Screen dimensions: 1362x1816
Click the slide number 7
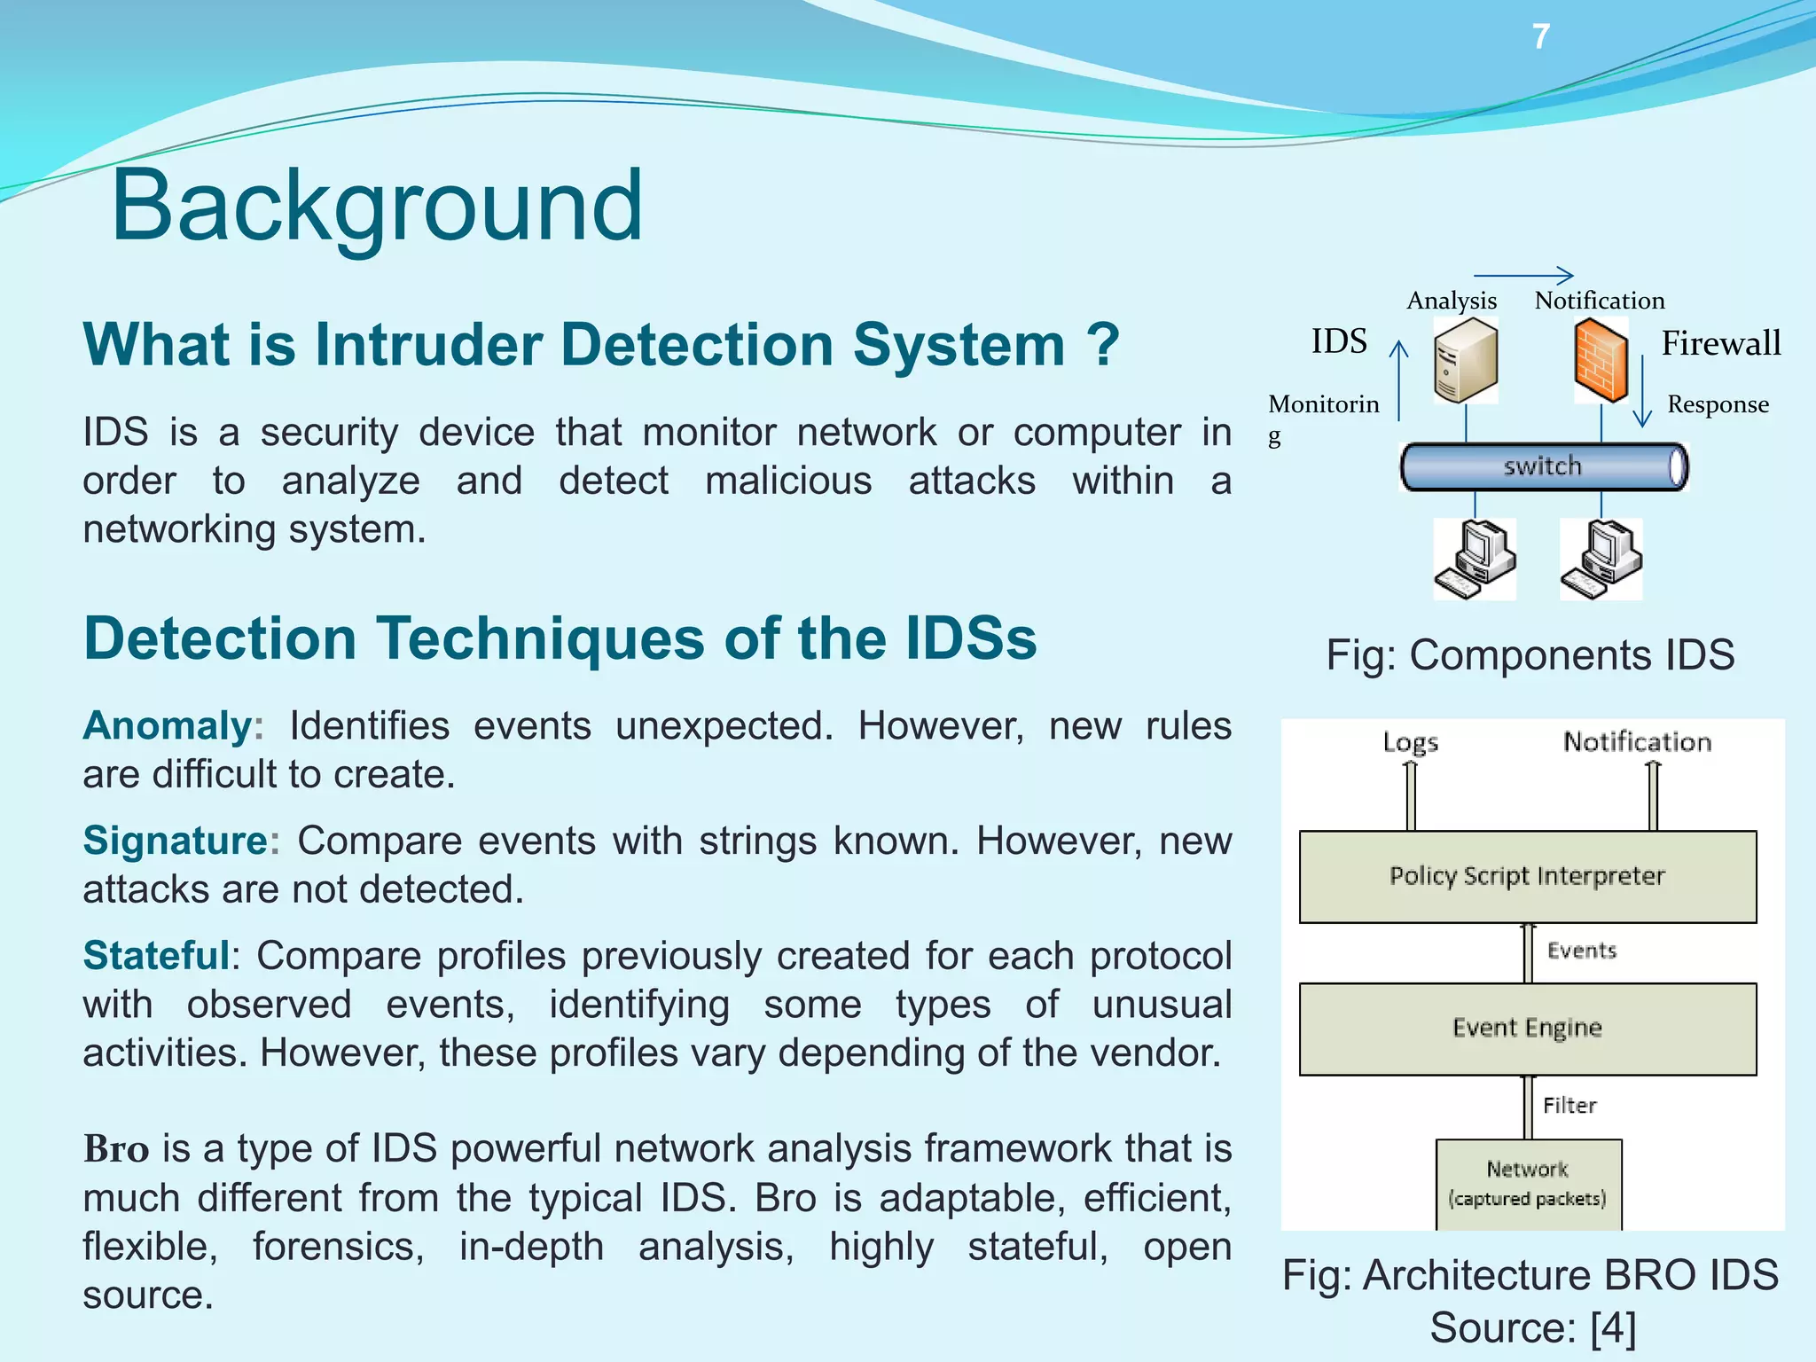coord(1541,37)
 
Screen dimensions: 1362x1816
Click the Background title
coord(377,206)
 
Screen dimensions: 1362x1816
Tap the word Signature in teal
coord(176,841)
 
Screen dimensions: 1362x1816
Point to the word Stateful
coord(156,956)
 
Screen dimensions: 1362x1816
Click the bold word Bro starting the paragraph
coord(116,1149)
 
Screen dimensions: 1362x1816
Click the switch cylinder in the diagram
coord(1543,466)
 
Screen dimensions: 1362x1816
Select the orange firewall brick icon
coord(1601,362)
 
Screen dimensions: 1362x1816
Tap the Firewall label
coord(1720,343)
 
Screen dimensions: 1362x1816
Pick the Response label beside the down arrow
coord(1718,404)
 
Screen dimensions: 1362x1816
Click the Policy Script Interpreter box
coord(1527,876)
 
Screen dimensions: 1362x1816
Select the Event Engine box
coord(1527,1029)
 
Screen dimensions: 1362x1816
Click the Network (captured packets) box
coord(1528,1184)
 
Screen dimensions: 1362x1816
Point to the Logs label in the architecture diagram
coord(1410,742)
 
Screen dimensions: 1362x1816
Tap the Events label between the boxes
coord(1582,951)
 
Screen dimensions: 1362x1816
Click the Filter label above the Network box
coord(1569,1106)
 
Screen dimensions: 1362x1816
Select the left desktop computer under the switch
coord(1475,560)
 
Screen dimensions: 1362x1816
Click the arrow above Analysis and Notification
coord(1523,276)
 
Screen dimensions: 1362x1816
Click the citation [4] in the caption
coord(1612,1328)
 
